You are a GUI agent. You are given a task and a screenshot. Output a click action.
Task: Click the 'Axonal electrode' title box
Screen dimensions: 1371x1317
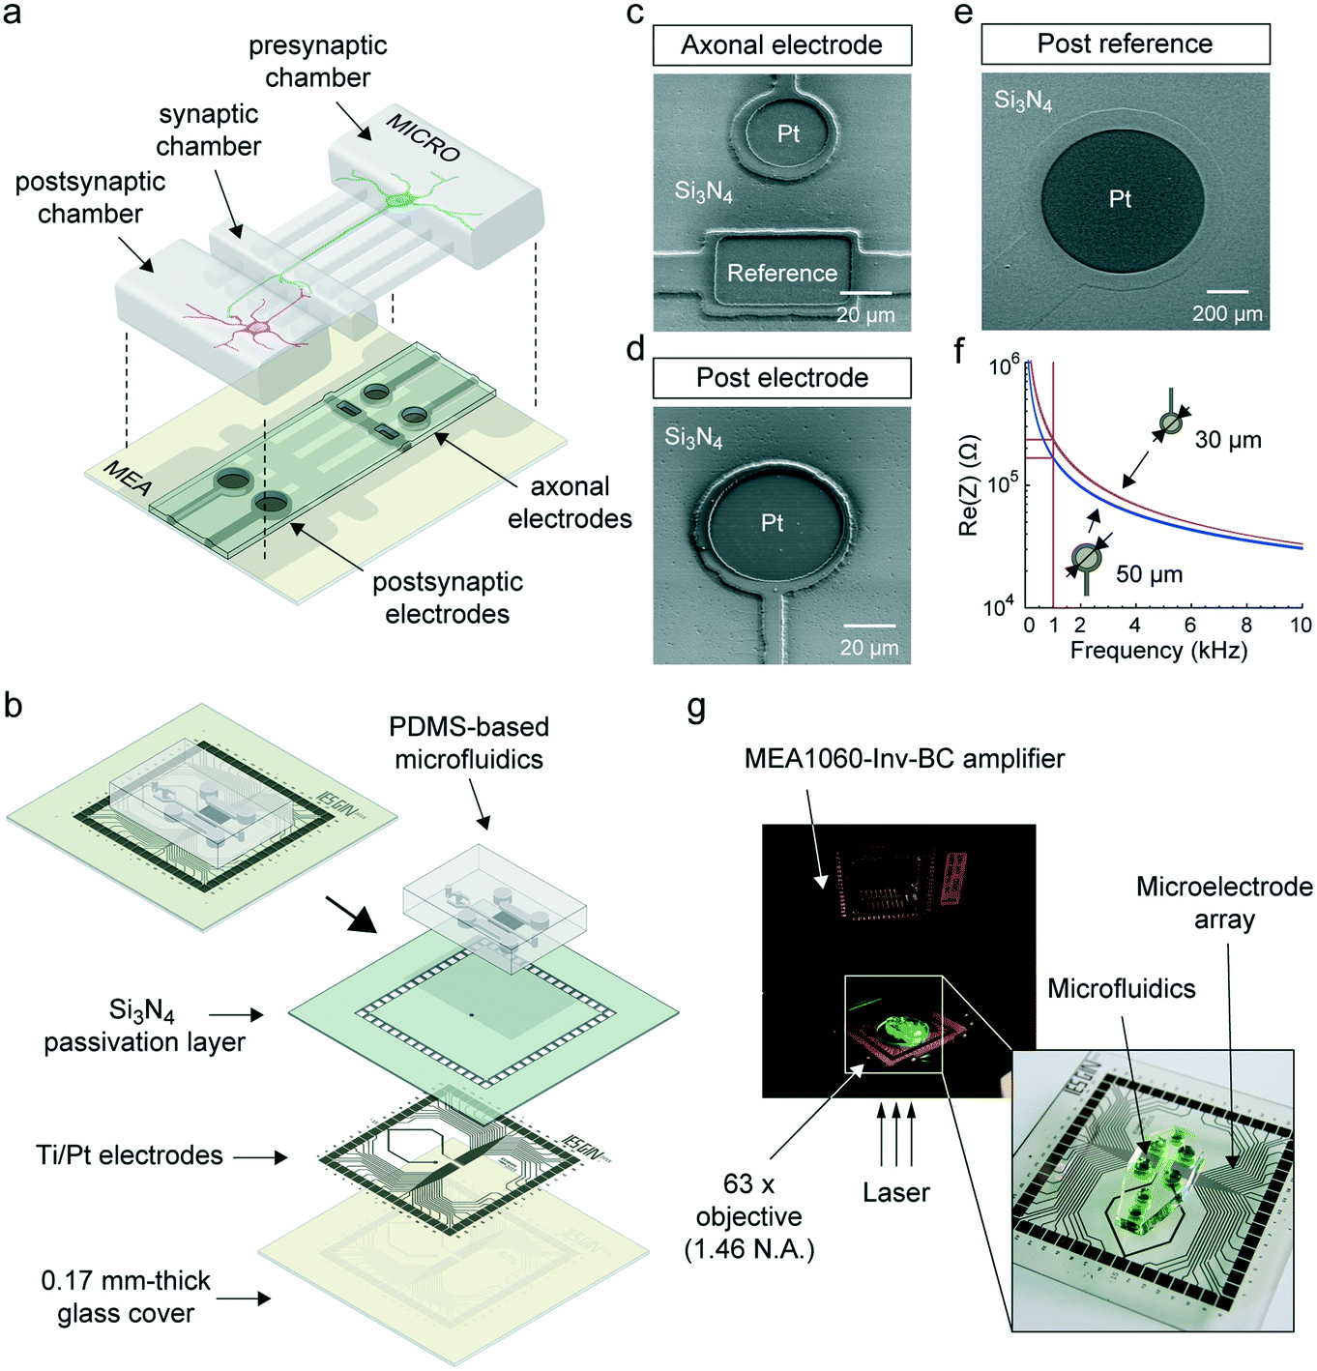[781, 45]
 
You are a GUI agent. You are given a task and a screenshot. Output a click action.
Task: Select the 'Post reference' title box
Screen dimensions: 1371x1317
[1125, 44]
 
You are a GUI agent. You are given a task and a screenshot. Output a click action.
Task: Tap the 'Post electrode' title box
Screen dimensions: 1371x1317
[781, 378]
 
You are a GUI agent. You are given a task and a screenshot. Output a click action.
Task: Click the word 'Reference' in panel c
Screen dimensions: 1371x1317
[781, 274]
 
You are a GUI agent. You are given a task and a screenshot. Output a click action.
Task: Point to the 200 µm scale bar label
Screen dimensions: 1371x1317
[1227, 313]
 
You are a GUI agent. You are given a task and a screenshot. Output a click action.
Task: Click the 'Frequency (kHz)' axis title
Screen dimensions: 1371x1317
[1158, 651]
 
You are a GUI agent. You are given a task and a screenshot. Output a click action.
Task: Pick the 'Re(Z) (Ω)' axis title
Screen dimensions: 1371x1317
[968, 485]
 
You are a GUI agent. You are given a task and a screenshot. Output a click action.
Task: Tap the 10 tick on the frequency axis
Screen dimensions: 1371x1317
[1301, 626]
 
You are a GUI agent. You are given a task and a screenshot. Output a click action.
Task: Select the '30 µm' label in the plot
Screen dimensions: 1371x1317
[1227, 440]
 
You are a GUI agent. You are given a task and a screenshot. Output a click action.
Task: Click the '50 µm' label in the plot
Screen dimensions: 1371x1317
[1149, 574]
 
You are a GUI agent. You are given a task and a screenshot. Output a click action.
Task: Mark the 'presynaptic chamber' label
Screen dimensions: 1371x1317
[317, 61]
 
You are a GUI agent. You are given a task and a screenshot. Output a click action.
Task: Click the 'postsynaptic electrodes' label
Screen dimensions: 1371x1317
[447, 598]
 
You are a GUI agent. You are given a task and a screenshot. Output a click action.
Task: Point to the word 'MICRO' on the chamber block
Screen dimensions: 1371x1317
[423, 137]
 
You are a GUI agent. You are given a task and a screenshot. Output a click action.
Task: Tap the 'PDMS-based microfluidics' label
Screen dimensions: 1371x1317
[468, 743]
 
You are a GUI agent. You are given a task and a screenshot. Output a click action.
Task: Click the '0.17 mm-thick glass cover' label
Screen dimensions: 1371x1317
[126, 1297]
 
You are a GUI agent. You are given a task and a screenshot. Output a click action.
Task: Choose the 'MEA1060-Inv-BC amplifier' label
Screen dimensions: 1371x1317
[904, 759]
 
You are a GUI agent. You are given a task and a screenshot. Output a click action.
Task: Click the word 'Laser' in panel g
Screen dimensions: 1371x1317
[895, 1193]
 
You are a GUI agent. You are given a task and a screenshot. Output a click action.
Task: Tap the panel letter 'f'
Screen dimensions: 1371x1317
[961, 351]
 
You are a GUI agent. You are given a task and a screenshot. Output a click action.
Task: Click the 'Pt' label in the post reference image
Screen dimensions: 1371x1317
[1120, 199]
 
